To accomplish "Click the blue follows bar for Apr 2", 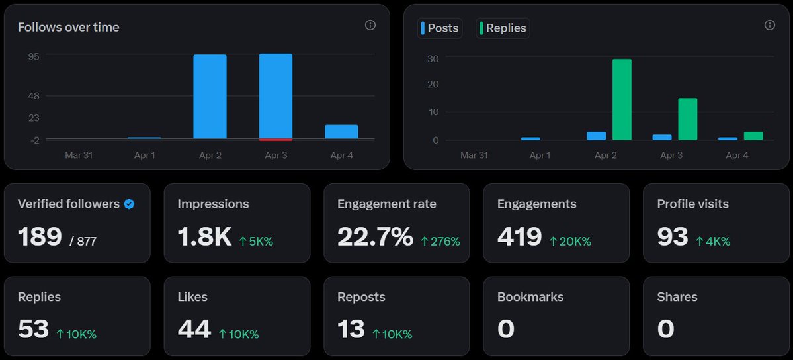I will click(x=210, y=97).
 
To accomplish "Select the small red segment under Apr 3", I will click(x=276, y=139).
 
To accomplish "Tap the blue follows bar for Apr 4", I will click(x=341, y=132).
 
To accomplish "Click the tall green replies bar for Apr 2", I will click(x=622, y=99).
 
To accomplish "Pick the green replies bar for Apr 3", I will click(x=688, y=119).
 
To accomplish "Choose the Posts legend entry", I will click(x=440, y=28).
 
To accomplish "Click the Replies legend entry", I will click(x=503, y=28).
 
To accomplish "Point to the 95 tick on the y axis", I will click(x=33, y=56).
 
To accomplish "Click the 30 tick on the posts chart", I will click(x=433, y=58).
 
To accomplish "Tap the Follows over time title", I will click(x=68, y=27).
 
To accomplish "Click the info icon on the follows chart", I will click(x=370, y=25).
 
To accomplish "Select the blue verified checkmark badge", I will click(x=129, y=204).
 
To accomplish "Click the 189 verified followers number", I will click(x=40, y=236).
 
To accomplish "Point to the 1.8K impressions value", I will click(x=204, y=236).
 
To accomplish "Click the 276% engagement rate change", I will click(x=440, y=242).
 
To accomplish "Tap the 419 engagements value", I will click(x=519, y=236).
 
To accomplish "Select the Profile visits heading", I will click(x=692, y=204).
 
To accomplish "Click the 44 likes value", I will click(x=194, y=329).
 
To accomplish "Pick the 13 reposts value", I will click(x=351, y=329).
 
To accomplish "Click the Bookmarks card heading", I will click(x=530, y=297).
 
